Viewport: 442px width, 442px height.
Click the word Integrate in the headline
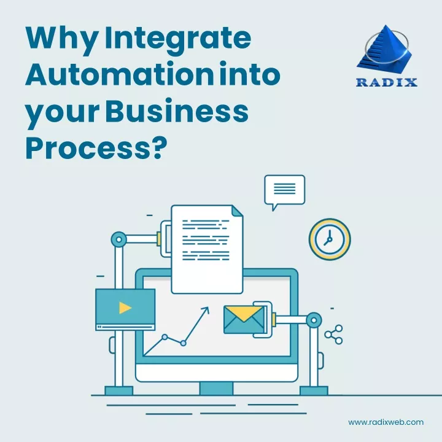[x=178, y=38]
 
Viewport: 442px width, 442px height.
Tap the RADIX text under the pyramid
[x=387, y=82]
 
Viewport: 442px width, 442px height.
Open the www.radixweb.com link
[x=386, y=422]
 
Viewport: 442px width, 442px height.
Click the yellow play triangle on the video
[x=124, y=308]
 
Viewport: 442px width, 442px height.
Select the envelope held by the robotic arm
[x=244, y=320]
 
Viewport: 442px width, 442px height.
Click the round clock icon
[x=330, y=239]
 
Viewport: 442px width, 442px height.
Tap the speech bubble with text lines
[x=284, y=192]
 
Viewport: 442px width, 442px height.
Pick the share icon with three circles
[x=334, y=335]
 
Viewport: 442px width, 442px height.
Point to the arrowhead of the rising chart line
[x=206, y=310]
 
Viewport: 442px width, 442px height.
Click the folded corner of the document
[x=238, y=211]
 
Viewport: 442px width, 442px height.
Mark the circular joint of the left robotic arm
[x=118, y=239]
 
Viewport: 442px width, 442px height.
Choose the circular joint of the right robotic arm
[x=314, y=320]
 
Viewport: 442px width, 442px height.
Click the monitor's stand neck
[x=216, y=389]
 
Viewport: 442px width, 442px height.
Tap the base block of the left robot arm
[x=118, y=390]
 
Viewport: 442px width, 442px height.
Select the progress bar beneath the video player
[x=125, y=327]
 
